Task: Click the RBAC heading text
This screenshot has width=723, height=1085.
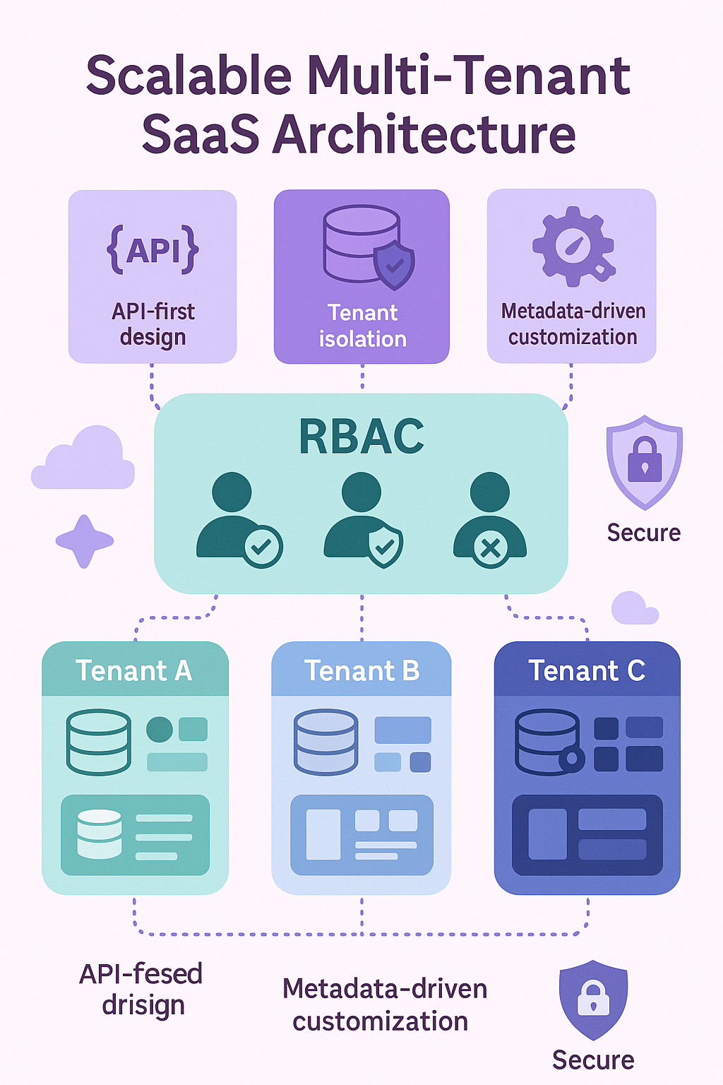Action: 361,437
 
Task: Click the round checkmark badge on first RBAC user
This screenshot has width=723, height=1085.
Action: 263,547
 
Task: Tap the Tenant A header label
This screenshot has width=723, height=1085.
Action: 134,670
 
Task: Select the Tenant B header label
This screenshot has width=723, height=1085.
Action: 361,670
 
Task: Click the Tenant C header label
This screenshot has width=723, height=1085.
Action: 587,670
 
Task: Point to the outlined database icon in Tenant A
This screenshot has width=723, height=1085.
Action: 99,742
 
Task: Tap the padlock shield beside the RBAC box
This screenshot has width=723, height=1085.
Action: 644,462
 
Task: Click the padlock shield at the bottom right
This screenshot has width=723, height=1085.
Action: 593,999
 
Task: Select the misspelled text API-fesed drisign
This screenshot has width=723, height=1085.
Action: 141,989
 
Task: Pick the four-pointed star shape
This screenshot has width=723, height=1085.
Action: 85,541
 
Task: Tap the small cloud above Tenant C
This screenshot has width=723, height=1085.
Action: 634,609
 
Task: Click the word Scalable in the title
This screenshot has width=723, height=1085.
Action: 189,76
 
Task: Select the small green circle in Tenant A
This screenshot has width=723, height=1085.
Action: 160,729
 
